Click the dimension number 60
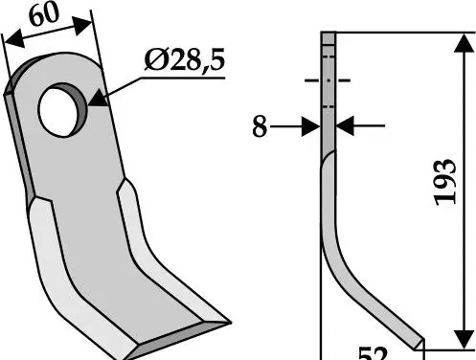pos(44,14)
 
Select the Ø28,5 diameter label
pos(185,59)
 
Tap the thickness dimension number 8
pos(260,126)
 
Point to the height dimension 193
pos(445,182)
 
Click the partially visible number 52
pos(373,353)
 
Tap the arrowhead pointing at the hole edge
pos(98,99)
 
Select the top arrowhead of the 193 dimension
pos(464,43)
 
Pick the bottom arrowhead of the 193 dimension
pos(464,340)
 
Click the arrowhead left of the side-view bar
pos(311,126)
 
